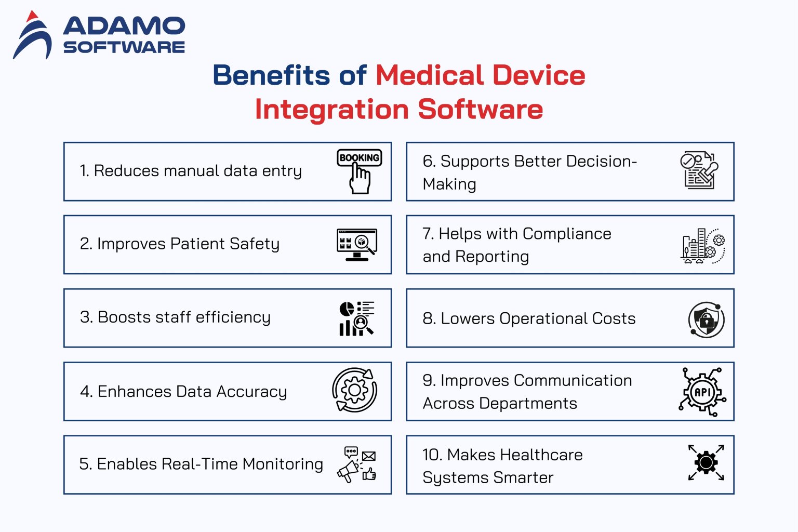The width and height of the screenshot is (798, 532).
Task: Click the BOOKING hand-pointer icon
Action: coord(360,171)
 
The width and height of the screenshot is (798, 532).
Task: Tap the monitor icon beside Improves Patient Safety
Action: coord(356,244)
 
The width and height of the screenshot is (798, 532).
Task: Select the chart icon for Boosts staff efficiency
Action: coord(356,318)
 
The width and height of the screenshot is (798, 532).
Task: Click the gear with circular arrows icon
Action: coord(355,390)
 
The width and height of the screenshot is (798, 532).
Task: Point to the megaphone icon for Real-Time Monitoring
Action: coord(357,464)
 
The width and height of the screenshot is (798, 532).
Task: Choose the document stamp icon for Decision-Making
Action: coord(699,170)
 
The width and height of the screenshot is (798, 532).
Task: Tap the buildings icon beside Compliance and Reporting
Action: coord(702,246)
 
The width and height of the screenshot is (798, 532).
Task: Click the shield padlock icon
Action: coord(706,320)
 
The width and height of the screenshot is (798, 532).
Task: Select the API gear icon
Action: coord(702,392)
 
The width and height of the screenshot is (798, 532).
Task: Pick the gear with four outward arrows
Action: coord(706,462)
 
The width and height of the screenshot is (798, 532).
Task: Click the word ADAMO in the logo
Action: coord(124,26)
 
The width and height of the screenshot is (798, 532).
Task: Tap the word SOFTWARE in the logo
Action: coord(124,47)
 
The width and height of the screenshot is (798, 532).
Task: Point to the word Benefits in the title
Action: coord(271,75)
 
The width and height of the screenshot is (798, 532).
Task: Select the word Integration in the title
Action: coord(332,110)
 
